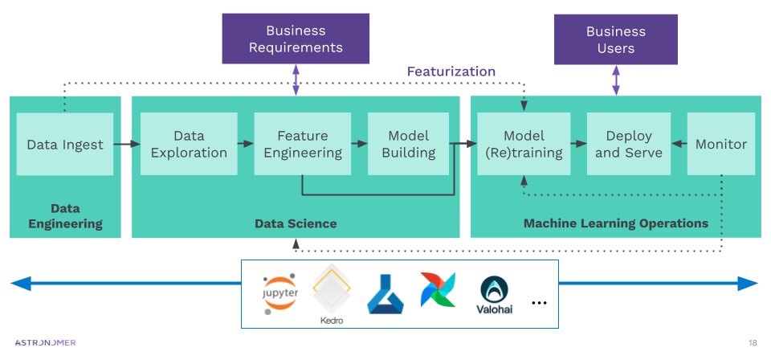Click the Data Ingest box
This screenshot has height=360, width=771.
[x=65, y=145]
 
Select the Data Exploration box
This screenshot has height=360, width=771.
[x=189, y=145]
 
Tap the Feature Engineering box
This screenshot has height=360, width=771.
[x=303, y=145]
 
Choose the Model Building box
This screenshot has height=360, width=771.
[x=408, y=145]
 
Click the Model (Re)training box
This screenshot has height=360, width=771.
[x=524, y=145]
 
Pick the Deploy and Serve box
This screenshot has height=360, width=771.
[x=628, y=145]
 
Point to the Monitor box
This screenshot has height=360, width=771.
[x=720, y=145]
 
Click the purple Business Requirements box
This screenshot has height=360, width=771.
[x=296, y=39]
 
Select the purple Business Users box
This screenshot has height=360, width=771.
[x=616, y=40]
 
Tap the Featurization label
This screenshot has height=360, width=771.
[x=451, y=72]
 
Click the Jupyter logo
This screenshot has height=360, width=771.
[x=280, y=292]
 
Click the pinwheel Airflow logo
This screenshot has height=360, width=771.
[x=438, y=290]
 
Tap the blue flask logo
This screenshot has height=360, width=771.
[x=385, y=293]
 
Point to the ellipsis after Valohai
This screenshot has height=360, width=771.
[x=539, y=303]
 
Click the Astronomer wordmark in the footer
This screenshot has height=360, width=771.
[x=46, y=342]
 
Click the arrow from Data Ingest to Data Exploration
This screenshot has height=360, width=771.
[x=126, y=145]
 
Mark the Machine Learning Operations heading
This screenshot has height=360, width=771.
[x=616, y=223]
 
